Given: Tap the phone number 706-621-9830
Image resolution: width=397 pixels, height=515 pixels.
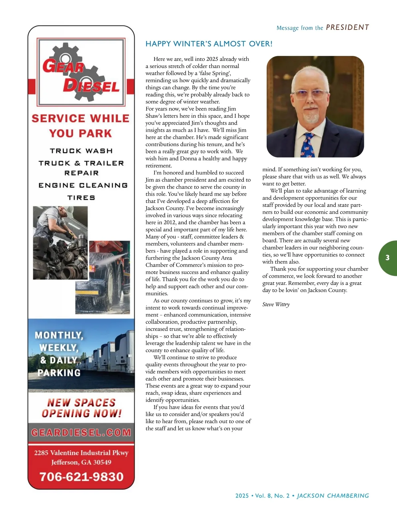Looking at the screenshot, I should [x=81, y=477].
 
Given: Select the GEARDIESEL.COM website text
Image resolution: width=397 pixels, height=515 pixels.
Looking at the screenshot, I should [x=81, y=433].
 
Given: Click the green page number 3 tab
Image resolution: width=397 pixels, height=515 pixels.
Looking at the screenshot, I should [x=387, y=258].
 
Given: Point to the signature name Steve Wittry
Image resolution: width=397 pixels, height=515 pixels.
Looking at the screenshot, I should [x=276, y=304].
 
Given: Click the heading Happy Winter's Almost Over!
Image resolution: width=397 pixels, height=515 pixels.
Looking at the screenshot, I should [x=209, y=44].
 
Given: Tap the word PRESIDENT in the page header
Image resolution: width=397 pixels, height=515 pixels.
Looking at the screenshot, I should [x=347, y=27].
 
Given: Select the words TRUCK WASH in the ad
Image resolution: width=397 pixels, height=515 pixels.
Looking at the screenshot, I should [x=81, y=151].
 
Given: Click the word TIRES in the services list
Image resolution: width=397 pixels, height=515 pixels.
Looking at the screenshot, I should [x=81, y=198].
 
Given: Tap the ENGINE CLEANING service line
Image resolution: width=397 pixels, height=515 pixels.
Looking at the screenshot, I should [x=83, y=185].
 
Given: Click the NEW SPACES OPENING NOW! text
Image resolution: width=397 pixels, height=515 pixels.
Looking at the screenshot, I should [x=81, y=408].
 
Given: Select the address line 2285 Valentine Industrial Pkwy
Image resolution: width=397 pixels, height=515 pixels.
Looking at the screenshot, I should [x=81, y=453].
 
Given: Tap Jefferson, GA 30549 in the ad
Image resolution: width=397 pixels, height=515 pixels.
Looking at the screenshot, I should [x=81, y=462].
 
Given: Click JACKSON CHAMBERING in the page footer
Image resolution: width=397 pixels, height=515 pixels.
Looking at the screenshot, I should [x=333, y=496].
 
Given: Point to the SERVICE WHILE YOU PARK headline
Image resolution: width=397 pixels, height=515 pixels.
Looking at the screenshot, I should [x=81, y=126].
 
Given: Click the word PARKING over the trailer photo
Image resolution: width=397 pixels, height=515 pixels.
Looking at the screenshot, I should [x=59, y=373].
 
